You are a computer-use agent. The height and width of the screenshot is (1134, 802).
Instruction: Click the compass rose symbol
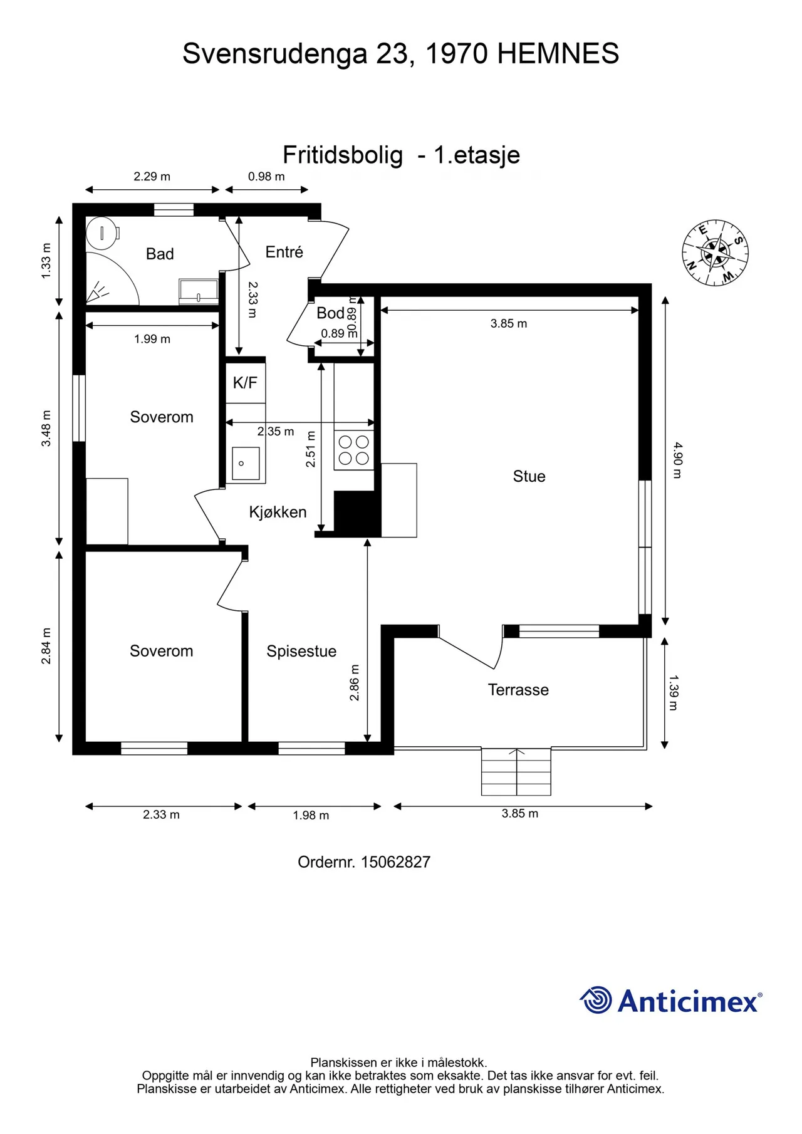coord(715,252)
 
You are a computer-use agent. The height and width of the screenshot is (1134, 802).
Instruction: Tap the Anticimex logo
coord(670,1000)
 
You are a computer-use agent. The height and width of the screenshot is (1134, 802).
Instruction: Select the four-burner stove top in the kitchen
coord(353,450)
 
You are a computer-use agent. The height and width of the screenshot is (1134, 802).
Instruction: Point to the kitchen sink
coord(245,464)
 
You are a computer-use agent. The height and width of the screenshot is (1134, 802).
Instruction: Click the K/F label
coord(245,383)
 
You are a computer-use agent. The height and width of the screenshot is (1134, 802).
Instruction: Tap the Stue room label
coord(529,477)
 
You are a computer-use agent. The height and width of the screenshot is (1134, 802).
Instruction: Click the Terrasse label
coord(518,690)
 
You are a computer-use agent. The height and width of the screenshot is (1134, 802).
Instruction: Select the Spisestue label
coord(301,652)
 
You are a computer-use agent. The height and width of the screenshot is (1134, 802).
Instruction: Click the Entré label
coord(284,252)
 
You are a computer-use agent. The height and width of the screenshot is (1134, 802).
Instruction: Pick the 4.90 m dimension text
coord(677,460)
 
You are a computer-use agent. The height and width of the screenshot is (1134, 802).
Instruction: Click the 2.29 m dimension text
coord(152,177)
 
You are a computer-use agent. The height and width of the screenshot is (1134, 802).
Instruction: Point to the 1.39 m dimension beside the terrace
coord(674,692)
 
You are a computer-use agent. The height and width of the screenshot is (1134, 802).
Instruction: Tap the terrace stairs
coord(516,772)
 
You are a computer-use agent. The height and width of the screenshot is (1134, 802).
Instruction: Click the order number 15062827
coord(395,862)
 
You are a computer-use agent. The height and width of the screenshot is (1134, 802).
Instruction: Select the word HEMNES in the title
coord(558,54)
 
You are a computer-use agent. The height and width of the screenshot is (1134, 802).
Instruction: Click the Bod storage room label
coord(330,313)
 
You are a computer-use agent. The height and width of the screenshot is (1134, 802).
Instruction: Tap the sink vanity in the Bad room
coord(199,292)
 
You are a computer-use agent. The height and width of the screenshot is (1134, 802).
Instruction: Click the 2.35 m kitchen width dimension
coord(276,432)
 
